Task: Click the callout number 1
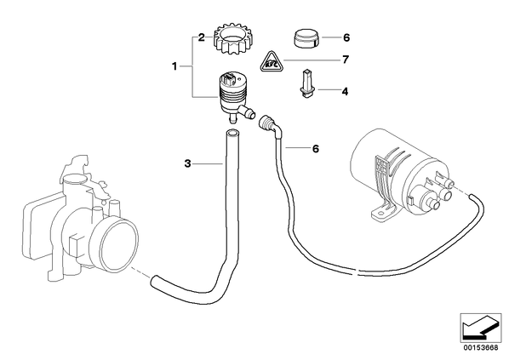point(174,66)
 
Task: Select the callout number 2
point(201,37)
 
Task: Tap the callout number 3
point(187,163)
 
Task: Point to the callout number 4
point(345,92)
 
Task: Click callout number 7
point(346,60)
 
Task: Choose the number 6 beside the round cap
point(346,37)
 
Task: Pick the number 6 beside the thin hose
point(316,149)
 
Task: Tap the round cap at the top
point(306,38)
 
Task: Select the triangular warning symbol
point(272,61)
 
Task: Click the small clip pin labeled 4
point(306,83)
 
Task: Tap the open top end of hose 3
point(232,133)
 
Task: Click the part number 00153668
point(480,348)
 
